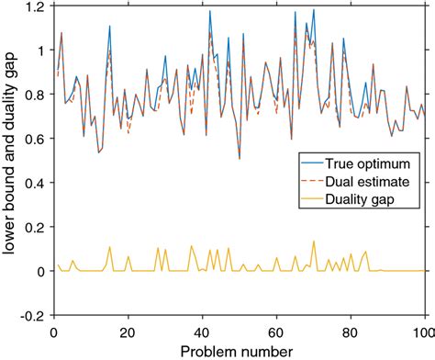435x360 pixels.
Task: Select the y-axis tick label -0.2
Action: [x=34, y=315]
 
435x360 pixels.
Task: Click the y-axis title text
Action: [x=11, y=161]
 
